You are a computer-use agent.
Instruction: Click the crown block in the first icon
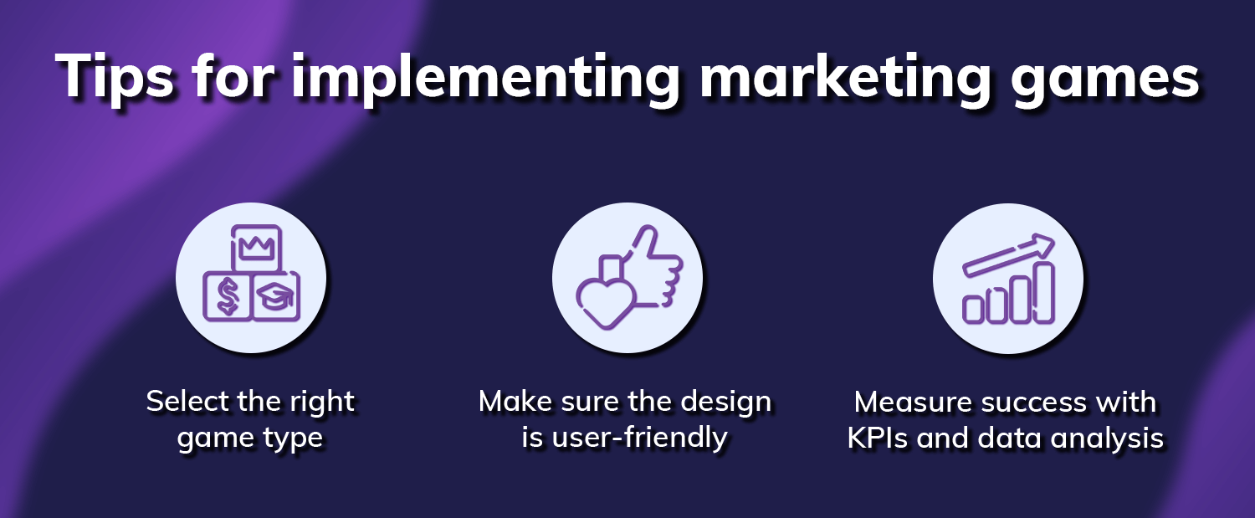tap(257, 249)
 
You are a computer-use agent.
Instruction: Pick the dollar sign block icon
tap(228, 295)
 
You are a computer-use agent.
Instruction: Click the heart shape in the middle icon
tap(602, 294)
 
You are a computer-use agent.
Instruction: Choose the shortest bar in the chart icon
tap(973, 308)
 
